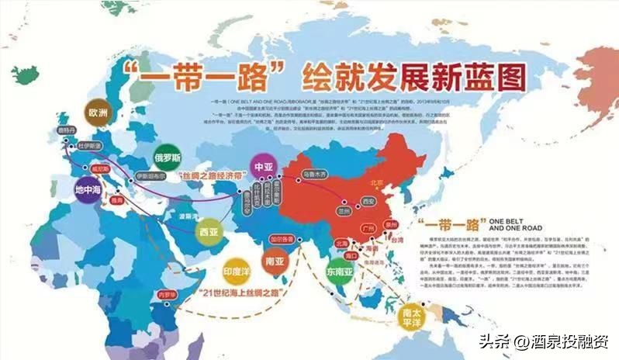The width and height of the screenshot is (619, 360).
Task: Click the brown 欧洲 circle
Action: click(98, 112)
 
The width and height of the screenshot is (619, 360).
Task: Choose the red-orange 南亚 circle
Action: click(274, 261)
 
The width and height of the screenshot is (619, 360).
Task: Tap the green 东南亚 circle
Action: click(340, 272)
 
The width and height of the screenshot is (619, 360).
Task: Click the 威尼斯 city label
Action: click(102, 167)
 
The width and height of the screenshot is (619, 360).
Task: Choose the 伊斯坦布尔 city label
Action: click(152, 175)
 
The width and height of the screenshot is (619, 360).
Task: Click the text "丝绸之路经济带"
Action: click(209, 177)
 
